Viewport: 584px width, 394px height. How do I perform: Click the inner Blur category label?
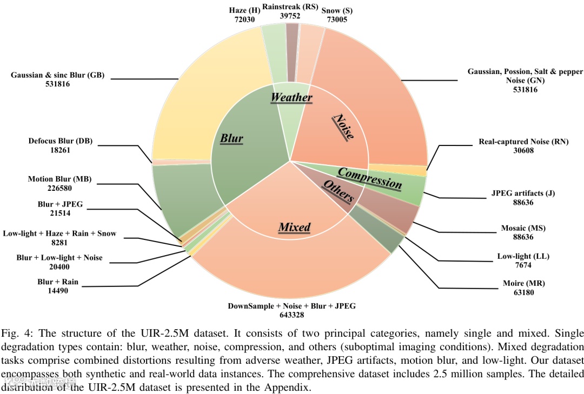pos(231,138)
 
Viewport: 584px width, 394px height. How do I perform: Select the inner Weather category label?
pos(291,97)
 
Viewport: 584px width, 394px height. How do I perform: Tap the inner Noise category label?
pos(343,128)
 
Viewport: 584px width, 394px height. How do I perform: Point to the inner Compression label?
pos(370,178)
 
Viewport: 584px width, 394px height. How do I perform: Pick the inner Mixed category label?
pos(294,227)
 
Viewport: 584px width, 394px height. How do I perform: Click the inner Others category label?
pos(338,192)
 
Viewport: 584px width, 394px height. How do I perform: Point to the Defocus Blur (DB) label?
pos(61,142)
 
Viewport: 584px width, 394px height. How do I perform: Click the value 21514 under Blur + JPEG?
pos(60,213)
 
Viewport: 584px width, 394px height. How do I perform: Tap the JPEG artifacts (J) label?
pos(523,193)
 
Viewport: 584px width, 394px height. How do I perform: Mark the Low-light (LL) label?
pos(522,257)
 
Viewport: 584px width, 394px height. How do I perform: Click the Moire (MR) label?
pos(522,283)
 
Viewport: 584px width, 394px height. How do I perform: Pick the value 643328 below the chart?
pos(291,315)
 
